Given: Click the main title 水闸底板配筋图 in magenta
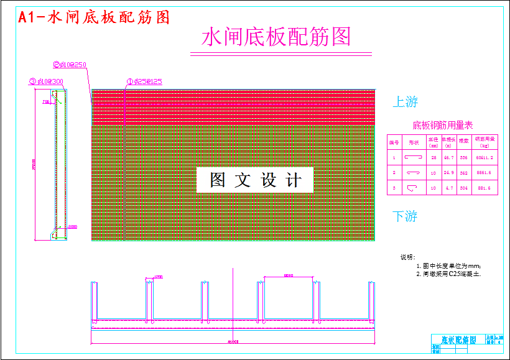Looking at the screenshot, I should point(276,37).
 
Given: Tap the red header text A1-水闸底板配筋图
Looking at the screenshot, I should point(94,17).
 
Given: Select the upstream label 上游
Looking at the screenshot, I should point(405,102).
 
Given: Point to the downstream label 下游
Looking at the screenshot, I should point(405,216).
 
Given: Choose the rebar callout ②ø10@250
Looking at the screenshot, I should point(70,64).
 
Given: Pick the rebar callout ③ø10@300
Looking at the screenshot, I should point(47,81).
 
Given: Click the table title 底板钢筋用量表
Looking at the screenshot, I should point(443,126).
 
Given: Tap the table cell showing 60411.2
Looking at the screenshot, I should point(484,159).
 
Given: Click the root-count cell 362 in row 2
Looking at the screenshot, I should point(464,173).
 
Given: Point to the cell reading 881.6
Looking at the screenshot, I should point(484,188).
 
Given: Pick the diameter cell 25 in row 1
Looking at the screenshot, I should point(433,159).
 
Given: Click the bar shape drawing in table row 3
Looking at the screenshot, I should point(413,187).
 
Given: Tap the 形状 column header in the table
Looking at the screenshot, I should point(413,142).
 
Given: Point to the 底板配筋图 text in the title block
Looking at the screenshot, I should point(458,340).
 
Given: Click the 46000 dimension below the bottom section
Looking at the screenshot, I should point(234,341).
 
